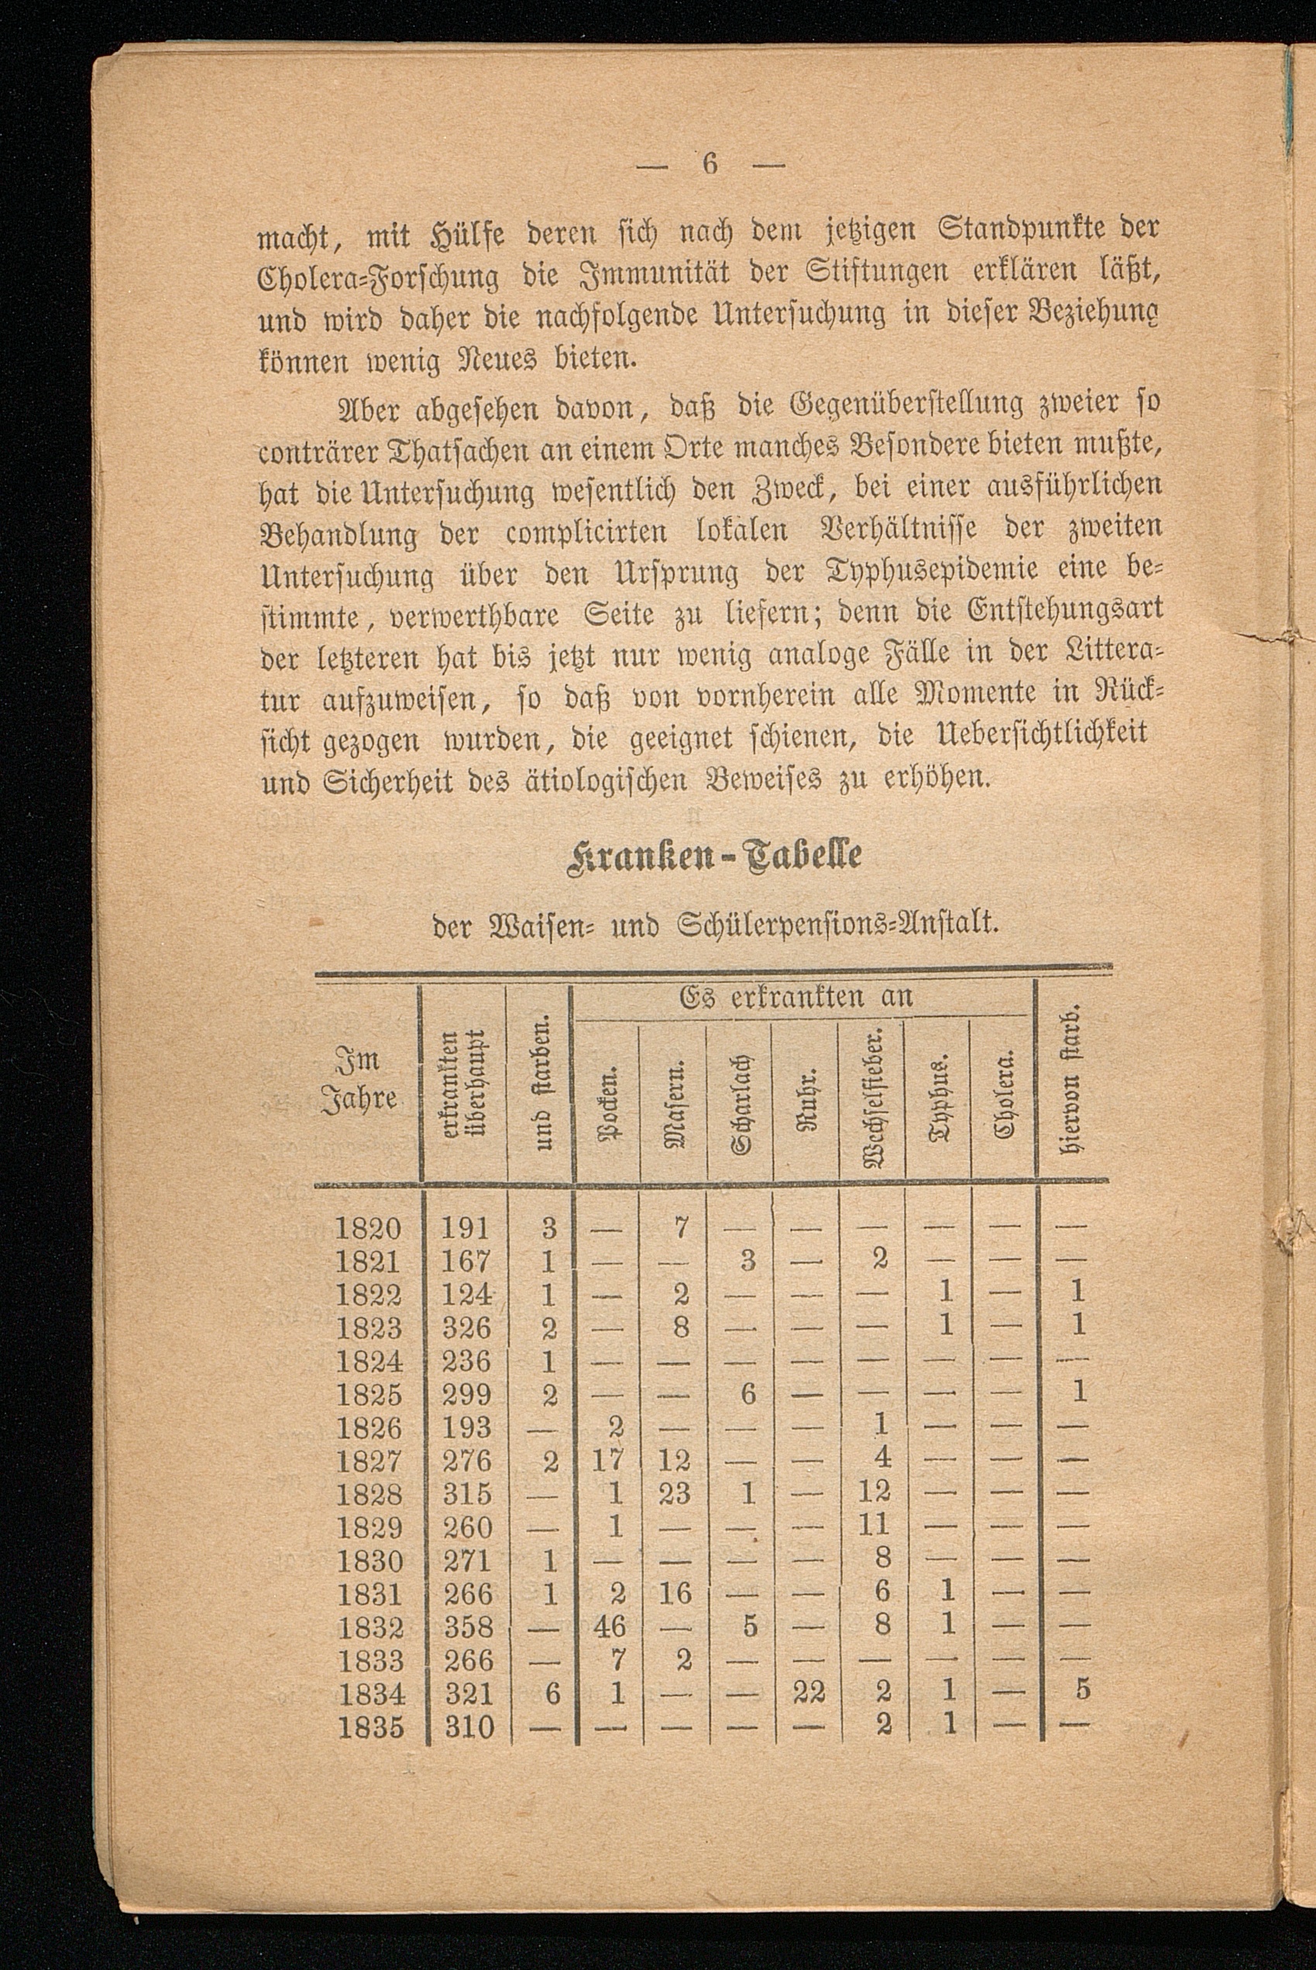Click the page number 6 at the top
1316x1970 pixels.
[710, 164]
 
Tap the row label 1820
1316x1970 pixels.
[369, 1228]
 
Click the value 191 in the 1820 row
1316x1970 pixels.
[465, 1228]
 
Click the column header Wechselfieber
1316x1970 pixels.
[872, 1091]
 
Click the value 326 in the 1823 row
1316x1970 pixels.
[466, 1328]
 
